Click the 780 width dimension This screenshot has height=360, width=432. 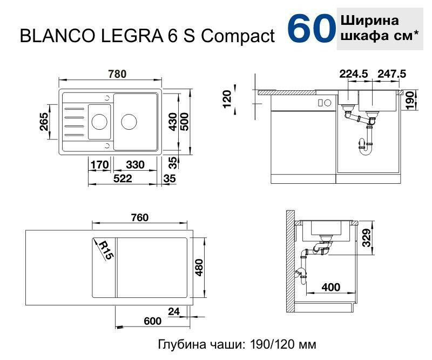coord(117,74)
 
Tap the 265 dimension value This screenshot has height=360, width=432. coord(44,122)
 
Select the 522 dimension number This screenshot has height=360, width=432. coord(123,178)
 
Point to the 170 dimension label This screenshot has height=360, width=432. coord(100,165)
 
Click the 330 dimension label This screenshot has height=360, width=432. coord(136,165)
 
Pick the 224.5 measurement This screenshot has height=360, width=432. coord(354,74)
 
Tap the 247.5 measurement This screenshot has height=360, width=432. coord(392,74)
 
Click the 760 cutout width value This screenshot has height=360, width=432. coord(140,218)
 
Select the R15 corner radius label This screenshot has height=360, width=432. coord(106,250)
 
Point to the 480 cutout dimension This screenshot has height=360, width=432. coord(199,268)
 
